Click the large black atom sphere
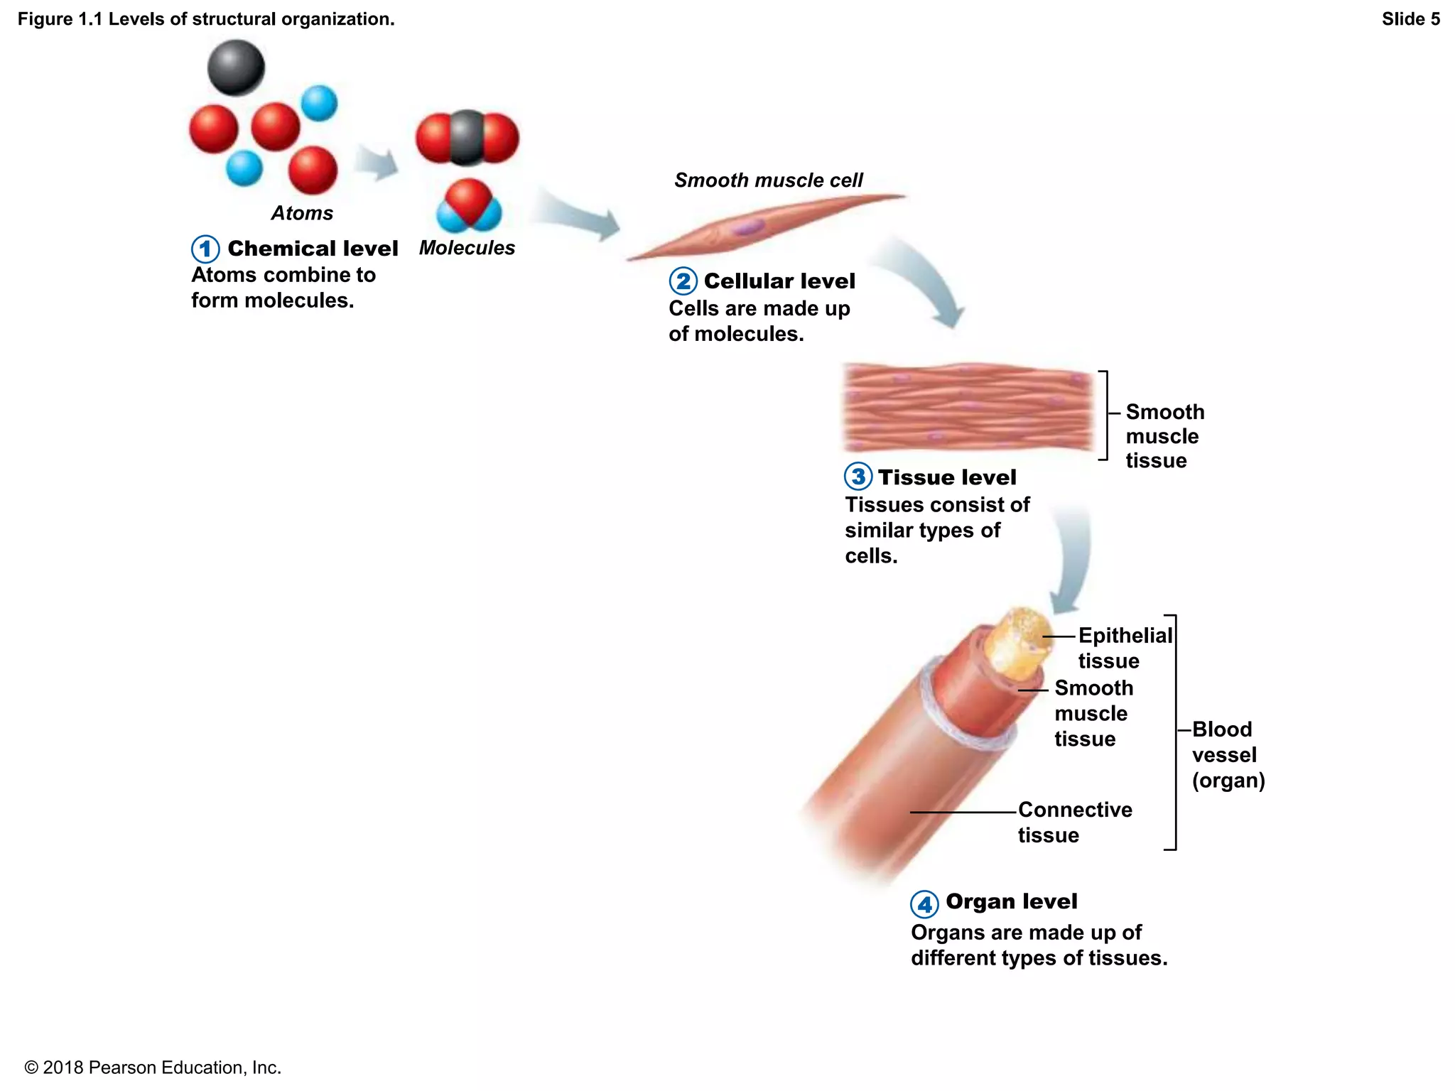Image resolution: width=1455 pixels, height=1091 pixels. click(x=236, y=67)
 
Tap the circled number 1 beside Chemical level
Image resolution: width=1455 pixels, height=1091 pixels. click(x=205, y=249)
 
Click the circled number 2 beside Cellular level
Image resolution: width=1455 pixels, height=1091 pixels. click(x=683, y=281)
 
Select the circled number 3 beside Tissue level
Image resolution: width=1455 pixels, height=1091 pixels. click(x=858, y=477)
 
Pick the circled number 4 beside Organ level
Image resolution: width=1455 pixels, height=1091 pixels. click(x=924, y=904)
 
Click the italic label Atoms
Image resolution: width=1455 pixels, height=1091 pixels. click(x=302, y=213)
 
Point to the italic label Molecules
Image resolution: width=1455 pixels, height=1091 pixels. click(x=467, y=248)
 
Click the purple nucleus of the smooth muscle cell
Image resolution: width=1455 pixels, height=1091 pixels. click(x=747, y=227)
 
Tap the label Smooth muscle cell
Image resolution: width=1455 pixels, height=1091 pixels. click(x=768, y=180)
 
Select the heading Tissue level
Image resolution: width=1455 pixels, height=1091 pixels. click(x=946, y=477)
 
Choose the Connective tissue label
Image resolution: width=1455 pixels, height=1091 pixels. click(x=1074, y=822)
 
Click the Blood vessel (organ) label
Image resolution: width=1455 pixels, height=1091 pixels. click(x=1227, y=754)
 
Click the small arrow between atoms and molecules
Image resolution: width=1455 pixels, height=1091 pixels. click(x=377, y=163)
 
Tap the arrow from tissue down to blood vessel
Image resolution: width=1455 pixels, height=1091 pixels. click(x=1071, y=561)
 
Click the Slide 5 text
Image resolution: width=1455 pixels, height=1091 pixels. click(x=1410, y=19)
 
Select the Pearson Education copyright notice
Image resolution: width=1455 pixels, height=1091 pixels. click(x=153, y=1067)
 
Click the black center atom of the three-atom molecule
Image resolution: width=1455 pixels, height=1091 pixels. click(x=467, y=136)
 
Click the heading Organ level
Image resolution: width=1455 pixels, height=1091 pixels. click(x=1011, y=901)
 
